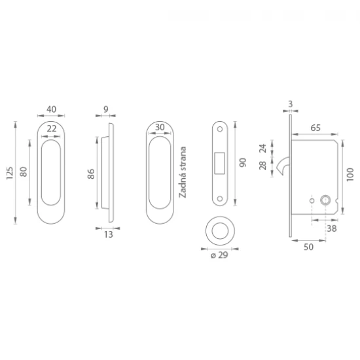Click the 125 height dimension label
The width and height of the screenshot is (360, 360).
coord(10,173)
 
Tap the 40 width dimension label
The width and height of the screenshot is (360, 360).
coord(52,109)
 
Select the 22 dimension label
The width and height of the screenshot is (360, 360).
coord(52,128)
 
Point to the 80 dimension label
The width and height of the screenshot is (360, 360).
coord(24,171)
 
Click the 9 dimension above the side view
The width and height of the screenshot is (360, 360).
coord(105,109)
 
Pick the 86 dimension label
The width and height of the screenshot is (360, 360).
coord(91,174)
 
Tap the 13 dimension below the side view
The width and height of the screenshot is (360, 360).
coord(109,234)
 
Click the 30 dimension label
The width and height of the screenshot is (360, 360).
coord(160,127)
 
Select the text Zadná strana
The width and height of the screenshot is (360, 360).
coord(183,172)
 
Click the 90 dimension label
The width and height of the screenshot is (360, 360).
coord(243,162)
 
